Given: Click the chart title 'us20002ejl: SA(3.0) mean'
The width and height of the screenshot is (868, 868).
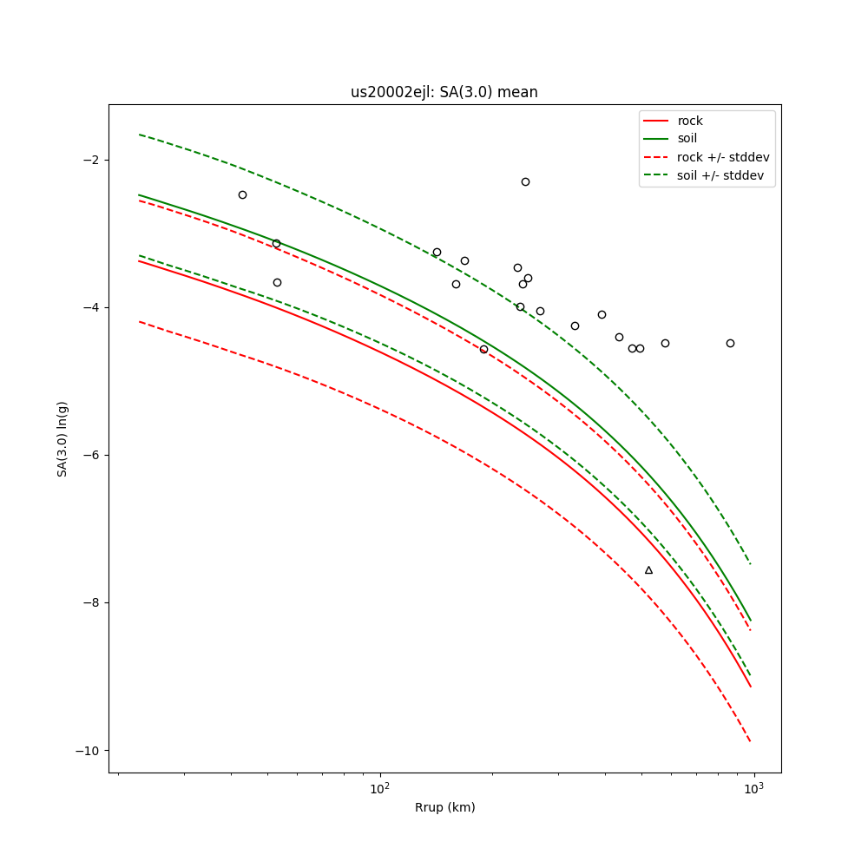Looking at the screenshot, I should tap(444, 92).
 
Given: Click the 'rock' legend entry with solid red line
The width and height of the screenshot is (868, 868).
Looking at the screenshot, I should tap(690, 121).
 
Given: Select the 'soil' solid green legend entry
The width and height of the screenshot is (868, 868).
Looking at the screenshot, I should tap(687, 139).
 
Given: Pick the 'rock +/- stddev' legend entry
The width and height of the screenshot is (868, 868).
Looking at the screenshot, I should tap(723, 157).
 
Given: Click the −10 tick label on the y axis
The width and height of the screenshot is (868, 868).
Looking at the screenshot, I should tap(88, 750).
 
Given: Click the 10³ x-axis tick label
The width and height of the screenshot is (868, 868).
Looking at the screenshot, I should tap(753, 788).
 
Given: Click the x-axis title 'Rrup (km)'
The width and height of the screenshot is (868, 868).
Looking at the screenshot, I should tap(444, 807).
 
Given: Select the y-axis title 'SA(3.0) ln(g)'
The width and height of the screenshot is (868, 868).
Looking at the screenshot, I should tap(62, 438).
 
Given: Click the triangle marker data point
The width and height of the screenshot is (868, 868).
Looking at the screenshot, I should tap(648, 570).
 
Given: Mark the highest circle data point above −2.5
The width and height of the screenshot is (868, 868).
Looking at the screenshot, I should tap(525, 181).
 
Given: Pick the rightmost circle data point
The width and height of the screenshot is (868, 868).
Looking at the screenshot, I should tap(730, 343).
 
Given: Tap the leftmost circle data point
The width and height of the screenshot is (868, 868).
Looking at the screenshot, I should tap(242, 194).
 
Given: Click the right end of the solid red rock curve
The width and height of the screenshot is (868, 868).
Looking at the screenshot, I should tap(751, 687).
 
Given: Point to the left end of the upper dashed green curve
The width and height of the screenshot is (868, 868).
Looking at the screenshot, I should tap(139, 135).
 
